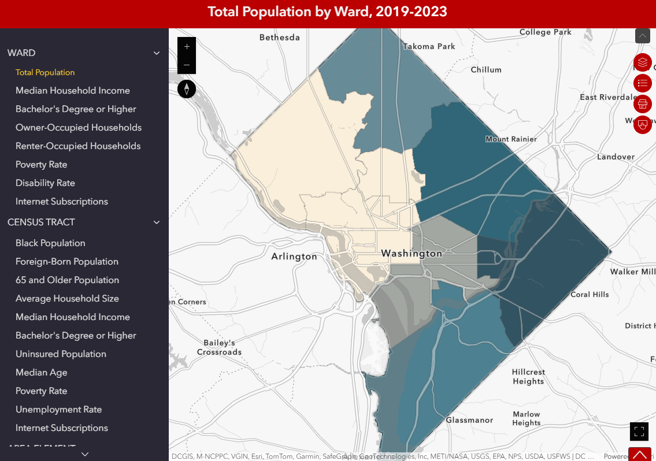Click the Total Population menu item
(x=45, y=72)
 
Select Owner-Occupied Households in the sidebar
(x=79, y=128)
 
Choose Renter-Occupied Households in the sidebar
(x=78, y=146)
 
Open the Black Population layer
(x=50, y=243)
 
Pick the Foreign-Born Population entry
(x=67, y=262)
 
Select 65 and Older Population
(x=67, y=280)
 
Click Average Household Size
(x=67, y=299)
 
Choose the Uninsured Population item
(x=61, y=354)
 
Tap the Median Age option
(x=41, y=373)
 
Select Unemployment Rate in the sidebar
(x=58, y=410)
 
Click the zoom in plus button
(x=187, y=46)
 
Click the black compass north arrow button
(x=187, y=89)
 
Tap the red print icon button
(x=643, y=104)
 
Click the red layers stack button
(x=643, y=62)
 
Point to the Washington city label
(x=412, y=254)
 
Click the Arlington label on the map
(x=294, y=256)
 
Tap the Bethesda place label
(x=280, y=38)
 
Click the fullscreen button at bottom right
(x=639, y=431)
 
